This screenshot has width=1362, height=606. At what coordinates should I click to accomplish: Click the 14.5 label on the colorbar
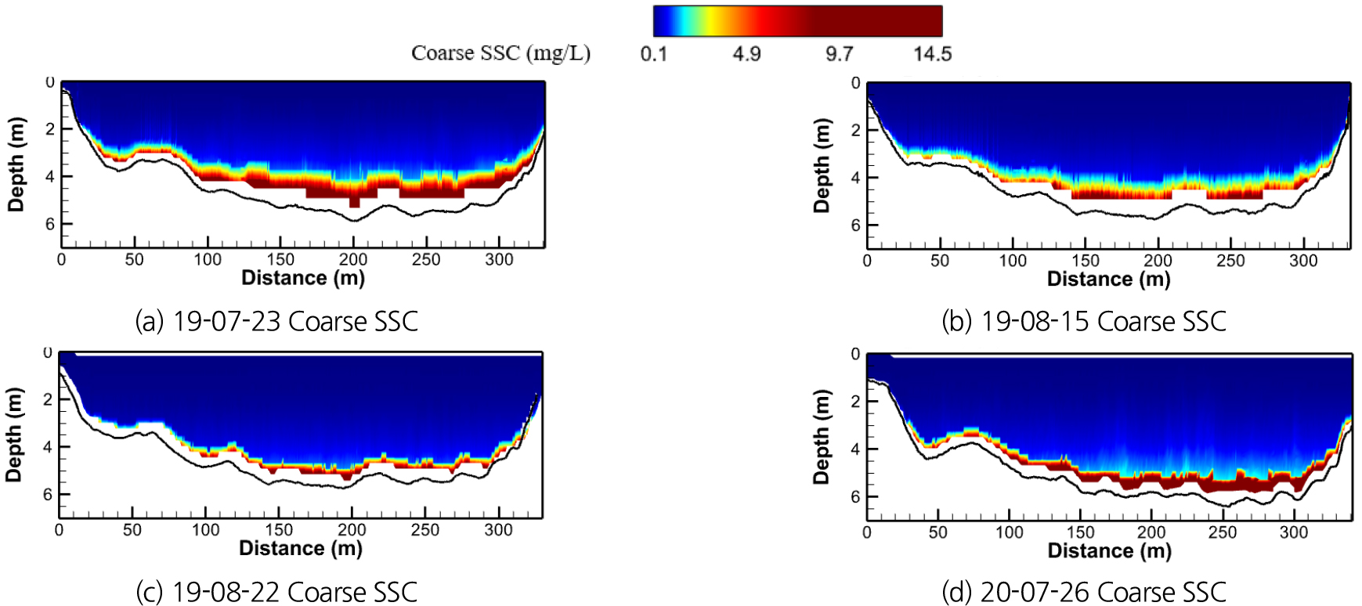tap(931, 54)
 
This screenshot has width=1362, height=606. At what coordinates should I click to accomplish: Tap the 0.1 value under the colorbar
tap(653, 54)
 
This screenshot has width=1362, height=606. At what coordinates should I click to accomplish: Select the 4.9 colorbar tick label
tap(746, 54)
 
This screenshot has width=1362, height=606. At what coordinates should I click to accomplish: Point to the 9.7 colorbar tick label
tap(839, 54)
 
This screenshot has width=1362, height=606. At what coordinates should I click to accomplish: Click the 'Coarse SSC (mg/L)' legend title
tap(500, 53)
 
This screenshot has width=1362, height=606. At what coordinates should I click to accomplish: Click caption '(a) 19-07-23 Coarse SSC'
tap(276, 321)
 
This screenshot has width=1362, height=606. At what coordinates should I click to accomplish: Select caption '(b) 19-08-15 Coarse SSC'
tap(1084, 321)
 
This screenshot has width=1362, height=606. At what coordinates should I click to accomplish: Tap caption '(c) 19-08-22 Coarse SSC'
tap(276, 592)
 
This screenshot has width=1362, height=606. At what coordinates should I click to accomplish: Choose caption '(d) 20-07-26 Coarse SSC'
tap(1084, 592)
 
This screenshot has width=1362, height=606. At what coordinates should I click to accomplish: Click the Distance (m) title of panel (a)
tap(303, 278)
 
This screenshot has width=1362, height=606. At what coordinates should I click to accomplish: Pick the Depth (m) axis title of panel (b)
tap(822, 165)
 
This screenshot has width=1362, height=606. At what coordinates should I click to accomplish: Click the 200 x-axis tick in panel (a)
tap(353, 260)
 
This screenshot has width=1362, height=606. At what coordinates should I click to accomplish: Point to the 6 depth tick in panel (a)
tap(49, 224)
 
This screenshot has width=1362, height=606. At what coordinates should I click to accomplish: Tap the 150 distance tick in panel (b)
tap(1086, 261)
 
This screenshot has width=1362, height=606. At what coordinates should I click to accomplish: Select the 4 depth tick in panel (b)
tap(855, 178)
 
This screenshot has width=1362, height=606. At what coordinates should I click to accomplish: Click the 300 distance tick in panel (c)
tap(498, 530)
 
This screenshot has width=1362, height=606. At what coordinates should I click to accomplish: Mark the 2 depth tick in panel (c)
tap(48, 399)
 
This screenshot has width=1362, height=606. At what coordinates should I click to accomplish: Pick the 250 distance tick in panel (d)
tap(1223, 532)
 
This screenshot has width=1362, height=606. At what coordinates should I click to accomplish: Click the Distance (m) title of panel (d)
tap(1110, 550)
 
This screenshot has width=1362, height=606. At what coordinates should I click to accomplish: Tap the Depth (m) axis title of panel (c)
tap(14, 435)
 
